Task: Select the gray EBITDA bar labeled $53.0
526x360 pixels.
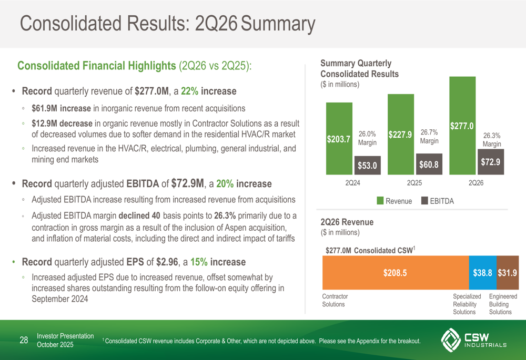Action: click(x=367, y=165)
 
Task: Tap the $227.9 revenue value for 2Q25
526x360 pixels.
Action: click(x=400, y=135)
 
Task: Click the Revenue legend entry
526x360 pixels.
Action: click(x=394, y=201)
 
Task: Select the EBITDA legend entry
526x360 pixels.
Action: click(x=438, y=201)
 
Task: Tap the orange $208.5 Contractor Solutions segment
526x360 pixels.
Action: click(x=396, y=273)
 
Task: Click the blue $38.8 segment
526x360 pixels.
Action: click(x=482, y=273)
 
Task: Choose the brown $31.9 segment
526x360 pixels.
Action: click(x=507, y=273)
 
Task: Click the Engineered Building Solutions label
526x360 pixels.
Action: click(x=502, y=304)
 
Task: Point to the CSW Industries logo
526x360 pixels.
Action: click(x=473, y=341)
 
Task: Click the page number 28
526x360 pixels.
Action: click(x=24, y=341)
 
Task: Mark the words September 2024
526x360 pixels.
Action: click(x=60, y=299)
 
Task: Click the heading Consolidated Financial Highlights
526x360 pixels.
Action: click(x=96, y=66)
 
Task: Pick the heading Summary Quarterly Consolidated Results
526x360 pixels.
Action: click(x=359, y=68)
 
